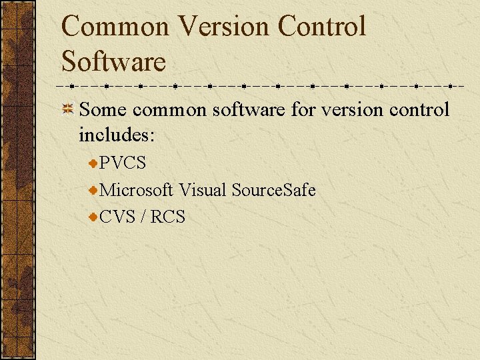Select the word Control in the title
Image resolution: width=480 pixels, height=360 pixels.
pos(322,27)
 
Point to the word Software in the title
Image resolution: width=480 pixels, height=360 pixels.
pos(113,61)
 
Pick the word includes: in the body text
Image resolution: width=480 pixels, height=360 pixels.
pos(117,135)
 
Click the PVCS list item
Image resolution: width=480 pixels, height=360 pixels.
pos(123,163)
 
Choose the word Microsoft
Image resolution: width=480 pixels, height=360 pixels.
pos(136,190)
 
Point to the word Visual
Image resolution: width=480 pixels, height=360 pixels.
pos(202,190)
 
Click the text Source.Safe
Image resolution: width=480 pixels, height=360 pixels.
pos(273,190)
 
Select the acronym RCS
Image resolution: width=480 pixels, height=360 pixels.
pos(167,217)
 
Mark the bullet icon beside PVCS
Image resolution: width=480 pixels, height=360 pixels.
pos(93,163)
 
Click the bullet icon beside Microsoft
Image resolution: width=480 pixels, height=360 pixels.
pos(93,190)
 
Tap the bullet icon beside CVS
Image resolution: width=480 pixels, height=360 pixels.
pos(93,217)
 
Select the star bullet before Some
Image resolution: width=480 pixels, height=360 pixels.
pos(67,109)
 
